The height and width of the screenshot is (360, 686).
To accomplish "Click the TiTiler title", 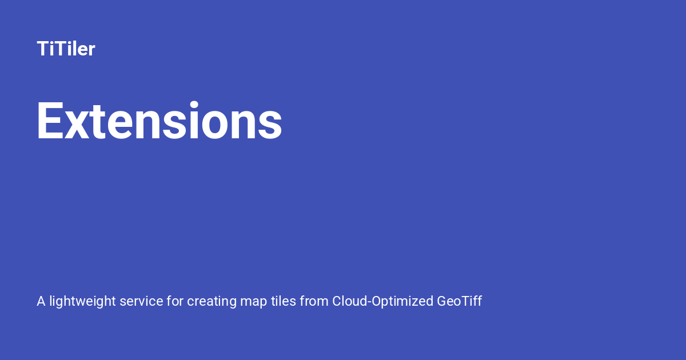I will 66,49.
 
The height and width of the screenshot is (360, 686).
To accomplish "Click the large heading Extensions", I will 159,121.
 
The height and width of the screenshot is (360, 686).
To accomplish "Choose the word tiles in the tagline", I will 283,301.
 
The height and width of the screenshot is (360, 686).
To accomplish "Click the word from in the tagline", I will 314,301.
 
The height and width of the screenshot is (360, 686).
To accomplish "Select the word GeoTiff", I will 459,301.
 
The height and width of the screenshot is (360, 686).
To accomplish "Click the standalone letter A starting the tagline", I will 41,301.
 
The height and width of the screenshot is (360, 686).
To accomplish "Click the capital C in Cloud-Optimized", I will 337,301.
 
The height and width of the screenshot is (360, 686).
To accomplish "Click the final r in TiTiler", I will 91,50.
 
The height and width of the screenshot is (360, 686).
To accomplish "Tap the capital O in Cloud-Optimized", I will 376,301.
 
